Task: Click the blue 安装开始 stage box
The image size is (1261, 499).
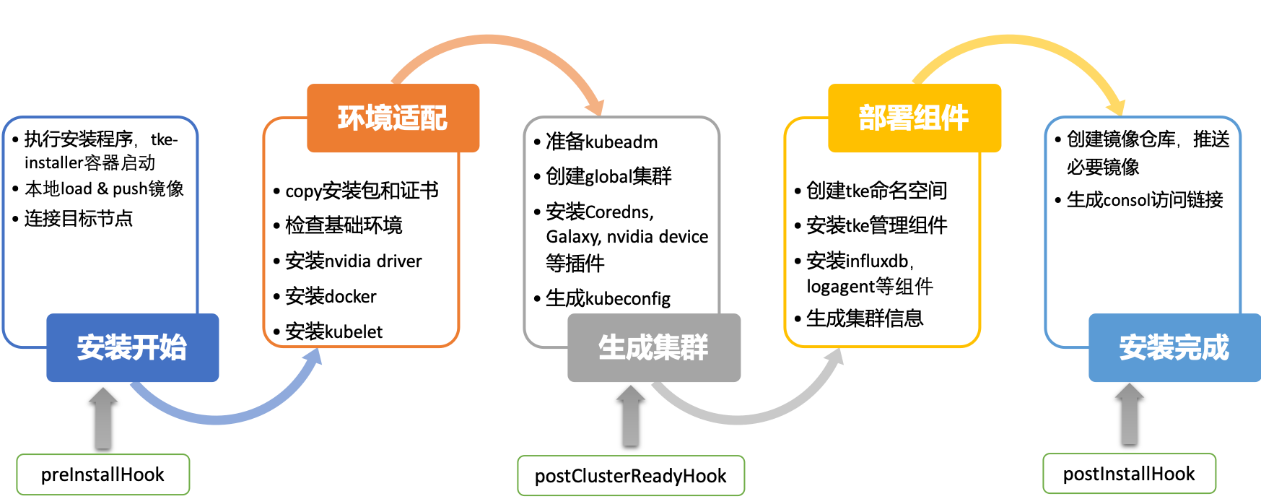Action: pos(133,347)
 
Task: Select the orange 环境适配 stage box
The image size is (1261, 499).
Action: pos(393,118)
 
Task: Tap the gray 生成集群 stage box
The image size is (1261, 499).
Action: pos(654,347)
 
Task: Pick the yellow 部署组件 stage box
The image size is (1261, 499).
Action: pos(915,118)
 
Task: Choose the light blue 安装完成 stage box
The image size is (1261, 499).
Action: pos(1175,347)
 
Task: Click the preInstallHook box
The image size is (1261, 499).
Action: pos(103,474)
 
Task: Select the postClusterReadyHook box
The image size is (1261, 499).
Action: pos(631,475)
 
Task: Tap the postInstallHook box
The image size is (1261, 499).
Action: pos(1130,474)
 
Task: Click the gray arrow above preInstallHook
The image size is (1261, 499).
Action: pos(103,417)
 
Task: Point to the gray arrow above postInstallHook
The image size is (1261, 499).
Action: pos(1130,414)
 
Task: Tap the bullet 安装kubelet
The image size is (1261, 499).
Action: pos(328,331)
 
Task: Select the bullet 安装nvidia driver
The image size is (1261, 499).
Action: pos(347,261)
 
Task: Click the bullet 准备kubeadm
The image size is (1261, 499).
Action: pos(595,142)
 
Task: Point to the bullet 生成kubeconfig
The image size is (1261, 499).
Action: pos(602,298)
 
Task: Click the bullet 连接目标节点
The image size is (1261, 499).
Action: pos(72,218)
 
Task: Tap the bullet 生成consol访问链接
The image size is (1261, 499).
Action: pos(1139,199)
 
